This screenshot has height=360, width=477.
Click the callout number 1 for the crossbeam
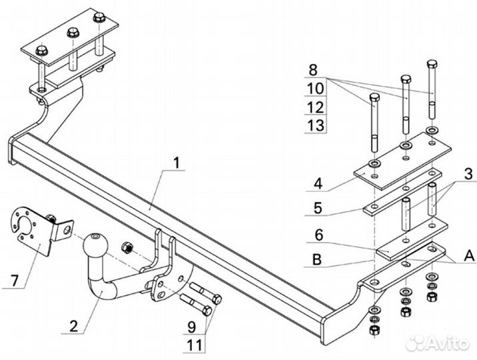pos(177,163)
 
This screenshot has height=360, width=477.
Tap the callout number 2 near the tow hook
pos(74,326)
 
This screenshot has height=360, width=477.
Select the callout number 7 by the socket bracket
pos(15,280)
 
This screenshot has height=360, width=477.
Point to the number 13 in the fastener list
pos(316,125)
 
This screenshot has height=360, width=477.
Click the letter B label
pos(317,260)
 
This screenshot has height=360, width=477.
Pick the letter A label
pos(469,255)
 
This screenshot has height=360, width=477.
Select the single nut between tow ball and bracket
pos(127,247)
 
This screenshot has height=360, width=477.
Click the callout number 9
pos(191,327)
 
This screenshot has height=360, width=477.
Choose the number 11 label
pos(194,345)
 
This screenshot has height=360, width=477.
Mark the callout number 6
pos(318,235)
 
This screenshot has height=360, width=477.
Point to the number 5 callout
pos(318,208)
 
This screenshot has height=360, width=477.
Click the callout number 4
pos(318,183)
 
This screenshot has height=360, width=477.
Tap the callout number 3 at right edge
pos(469,174)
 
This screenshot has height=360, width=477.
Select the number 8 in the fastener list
pos(312,70)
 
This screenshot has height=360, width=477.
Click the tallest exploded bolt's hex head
pos(432,65)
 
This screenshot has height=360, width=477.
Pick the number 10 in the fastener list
pos(316,88)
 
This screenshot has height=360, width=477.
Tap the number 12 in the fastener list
pos(316,107)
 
